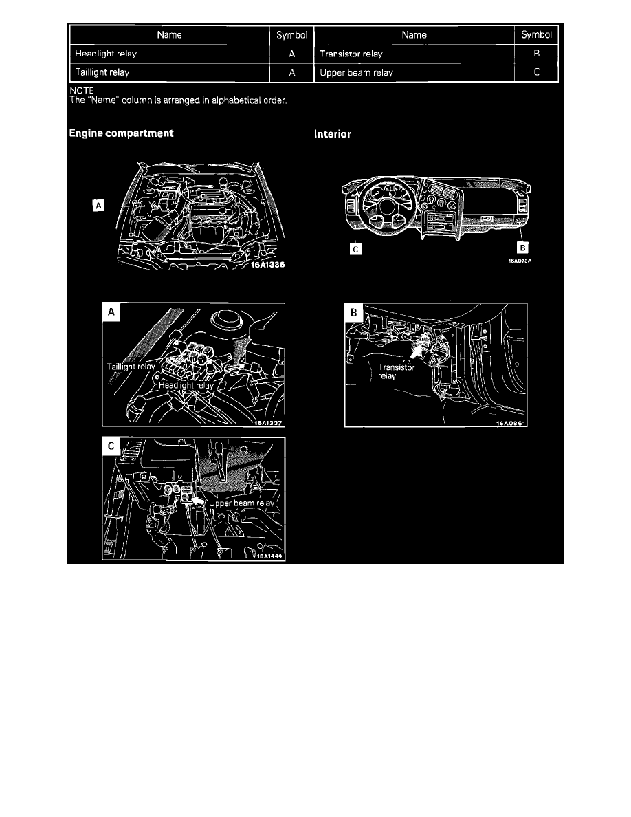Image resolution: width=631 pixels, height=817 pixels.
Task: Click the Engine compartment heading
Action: [121, 133]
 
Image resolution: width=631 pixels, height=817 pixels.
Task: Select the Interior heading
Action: [333, 134]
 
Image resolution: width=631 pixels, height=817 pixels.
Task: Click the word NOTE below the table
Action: [82, 90]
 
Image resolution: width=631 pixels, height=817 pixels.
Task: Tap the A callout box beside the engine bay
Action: [99, 205]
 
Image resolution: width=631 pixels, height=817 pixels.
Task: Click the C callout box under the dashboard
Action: [355, 250]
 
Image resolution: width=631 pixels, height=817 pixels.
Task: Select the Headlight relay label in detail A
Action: [186, 386]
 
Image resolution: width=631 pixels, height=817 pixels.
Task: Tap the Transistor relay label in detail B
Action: [397, 372]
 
